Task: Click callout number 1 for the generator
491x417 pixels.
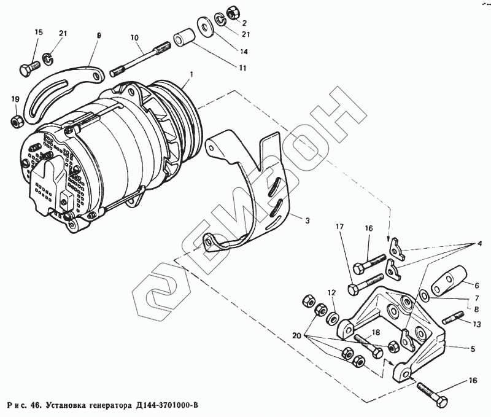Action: coord(191,74)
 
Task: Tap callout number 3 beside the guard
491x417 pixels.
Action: coord(307,220)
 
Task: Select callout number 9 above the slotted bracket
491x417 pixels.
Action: coord(98,36)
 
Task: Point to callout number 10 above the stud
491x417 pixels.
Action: coord(134,36)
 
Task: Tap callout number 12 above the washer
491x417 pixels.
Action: coord(331,292)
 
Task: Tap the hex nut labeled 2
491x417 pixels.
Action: coord(232,12)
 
